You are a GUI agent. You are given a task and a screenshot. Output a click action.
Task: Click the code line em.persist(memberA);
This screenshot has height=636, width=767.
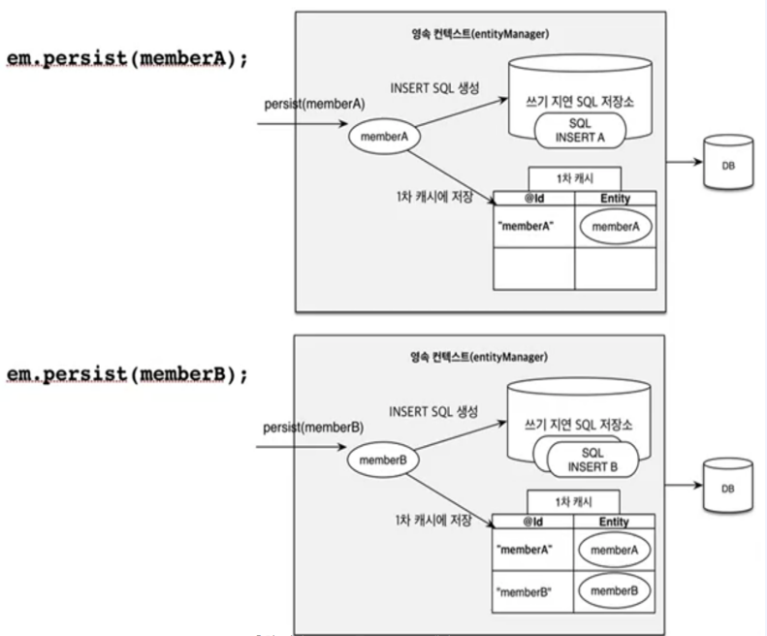pyautogui.click(x=127, y=59)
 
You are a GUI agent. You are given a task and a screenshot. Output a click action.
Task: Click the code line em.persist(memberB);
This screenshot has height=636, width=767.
pyautogui.click(x=127, y=375)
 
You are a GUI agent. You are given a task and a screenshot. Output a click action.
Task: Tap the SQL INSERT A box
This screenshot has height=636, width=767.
pyautogui.click(x=580, y=131)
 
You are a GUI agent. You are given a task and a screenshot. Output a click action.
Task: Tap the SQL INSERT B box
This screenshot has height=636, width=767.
pyautogui.click(x=592, y=460)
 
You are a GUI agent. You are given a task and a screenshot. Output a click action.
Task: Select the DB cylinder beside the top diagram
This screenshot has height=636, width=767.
pyautogui.click(x=728, y=162)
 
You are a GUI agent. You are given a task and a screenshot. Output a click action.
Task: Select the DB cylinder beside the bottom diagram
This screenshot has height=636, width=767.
pyautogui.click(x=727, y=485)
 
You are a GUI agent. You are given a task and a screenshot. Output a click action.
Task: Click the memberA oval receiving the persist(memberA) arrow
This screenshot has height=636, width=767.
pyautogui.click(x=385, y=137)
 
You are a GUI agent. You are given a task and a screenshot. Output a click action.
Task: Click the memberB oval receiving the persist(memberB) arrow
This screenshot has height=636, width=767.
pyautogui.click(x=383, y=460)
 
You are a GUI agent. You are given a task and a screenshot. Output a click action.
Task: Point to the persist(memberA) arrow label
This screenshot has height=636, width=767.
pyautogui.click(x=314, y=104)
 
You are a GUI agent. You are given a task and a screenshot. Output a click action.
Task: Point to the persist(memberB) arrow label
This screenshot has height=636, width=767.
pyautogui.click(x=313, y=428)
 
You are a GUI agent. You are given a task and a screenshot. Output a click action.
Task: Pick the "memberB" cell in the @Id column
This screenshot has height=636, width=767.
pyautogui.click(x=532, y=591)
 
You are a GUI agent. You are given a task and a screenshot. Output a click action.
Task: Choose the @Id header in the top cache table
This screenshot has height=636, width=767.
pyautogui.click(x=534, y=198)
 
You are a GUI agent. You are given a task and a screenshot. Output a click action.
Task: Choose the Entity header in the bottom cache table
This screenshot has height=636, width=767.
pyautogui.click(x=614, y=522)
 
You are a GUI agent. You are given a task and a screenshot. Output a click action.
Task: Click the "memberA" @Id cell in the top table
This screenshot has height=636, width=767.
pyautogui.click(x=534, y=226)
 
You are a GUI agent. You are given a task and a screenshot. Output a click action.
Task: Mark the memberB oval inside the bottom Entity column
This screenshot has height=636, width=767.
pyautogui.click(x=615, y=591)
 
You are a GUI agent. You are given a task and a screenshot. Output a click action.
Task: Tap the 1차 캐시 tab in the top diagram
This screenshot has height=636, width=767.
pyautogui.click(x=575, y=178)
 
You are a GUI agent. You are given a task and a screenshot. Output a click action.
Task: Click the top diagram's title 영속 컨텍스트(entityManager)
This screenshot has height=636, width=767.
pyautogui.click(x=480, y=34)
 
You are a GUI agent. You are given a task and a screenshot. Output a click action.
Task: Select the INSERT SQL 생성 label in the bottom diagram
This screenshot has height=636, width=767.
pyautogui.click(x=433, y=411)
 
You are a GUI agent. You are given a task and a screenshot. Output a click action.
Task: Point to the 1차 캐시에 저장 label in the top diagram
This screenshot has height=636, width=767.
pyautogui.click(x=434, y=197)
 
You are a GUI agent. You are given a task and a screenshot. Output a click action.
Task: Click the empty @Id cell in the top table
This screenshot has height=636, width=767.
pyautogui.click(x=534, y=269)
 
